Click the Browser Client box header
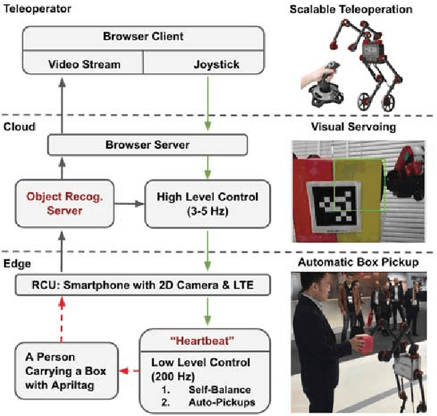click(143, 37)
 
